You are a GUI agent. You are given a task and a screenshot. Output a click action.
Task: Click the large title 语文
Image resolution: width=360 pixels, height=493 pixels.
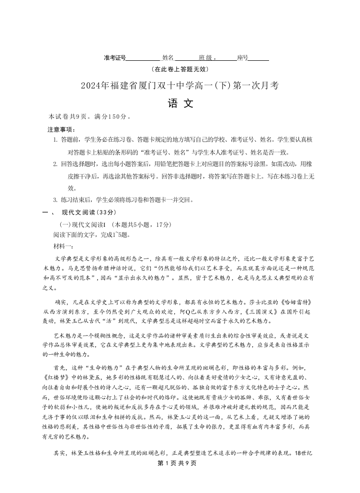click(x=180, y=103)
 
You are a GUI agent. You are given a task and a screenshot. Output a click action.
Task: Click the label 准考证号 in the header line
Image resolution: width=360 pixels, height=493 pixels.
click(x=115, y=58)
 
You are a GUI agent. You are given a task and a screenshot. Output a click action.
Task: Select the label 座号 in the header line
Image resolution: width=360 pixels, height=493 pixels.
click(x=243, y=58)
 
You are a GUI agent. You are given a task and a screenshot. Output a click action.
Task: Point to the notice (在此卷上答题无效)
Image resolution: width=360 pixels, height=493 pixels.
click(x=180, y=69)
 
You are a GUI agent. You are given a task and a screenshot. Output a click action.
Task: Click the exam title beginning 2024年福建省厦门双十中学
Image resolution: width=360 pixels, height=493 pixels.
click(x=180, y=86)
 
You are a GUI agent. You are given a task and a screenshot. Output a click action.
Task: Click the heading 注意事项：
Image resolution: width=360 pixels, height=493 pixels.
click(x=61, y=129)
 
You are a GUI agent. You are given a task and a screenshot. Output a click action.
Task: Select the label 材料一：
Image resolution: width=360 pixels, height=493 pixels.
click(x=64, y=246)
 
